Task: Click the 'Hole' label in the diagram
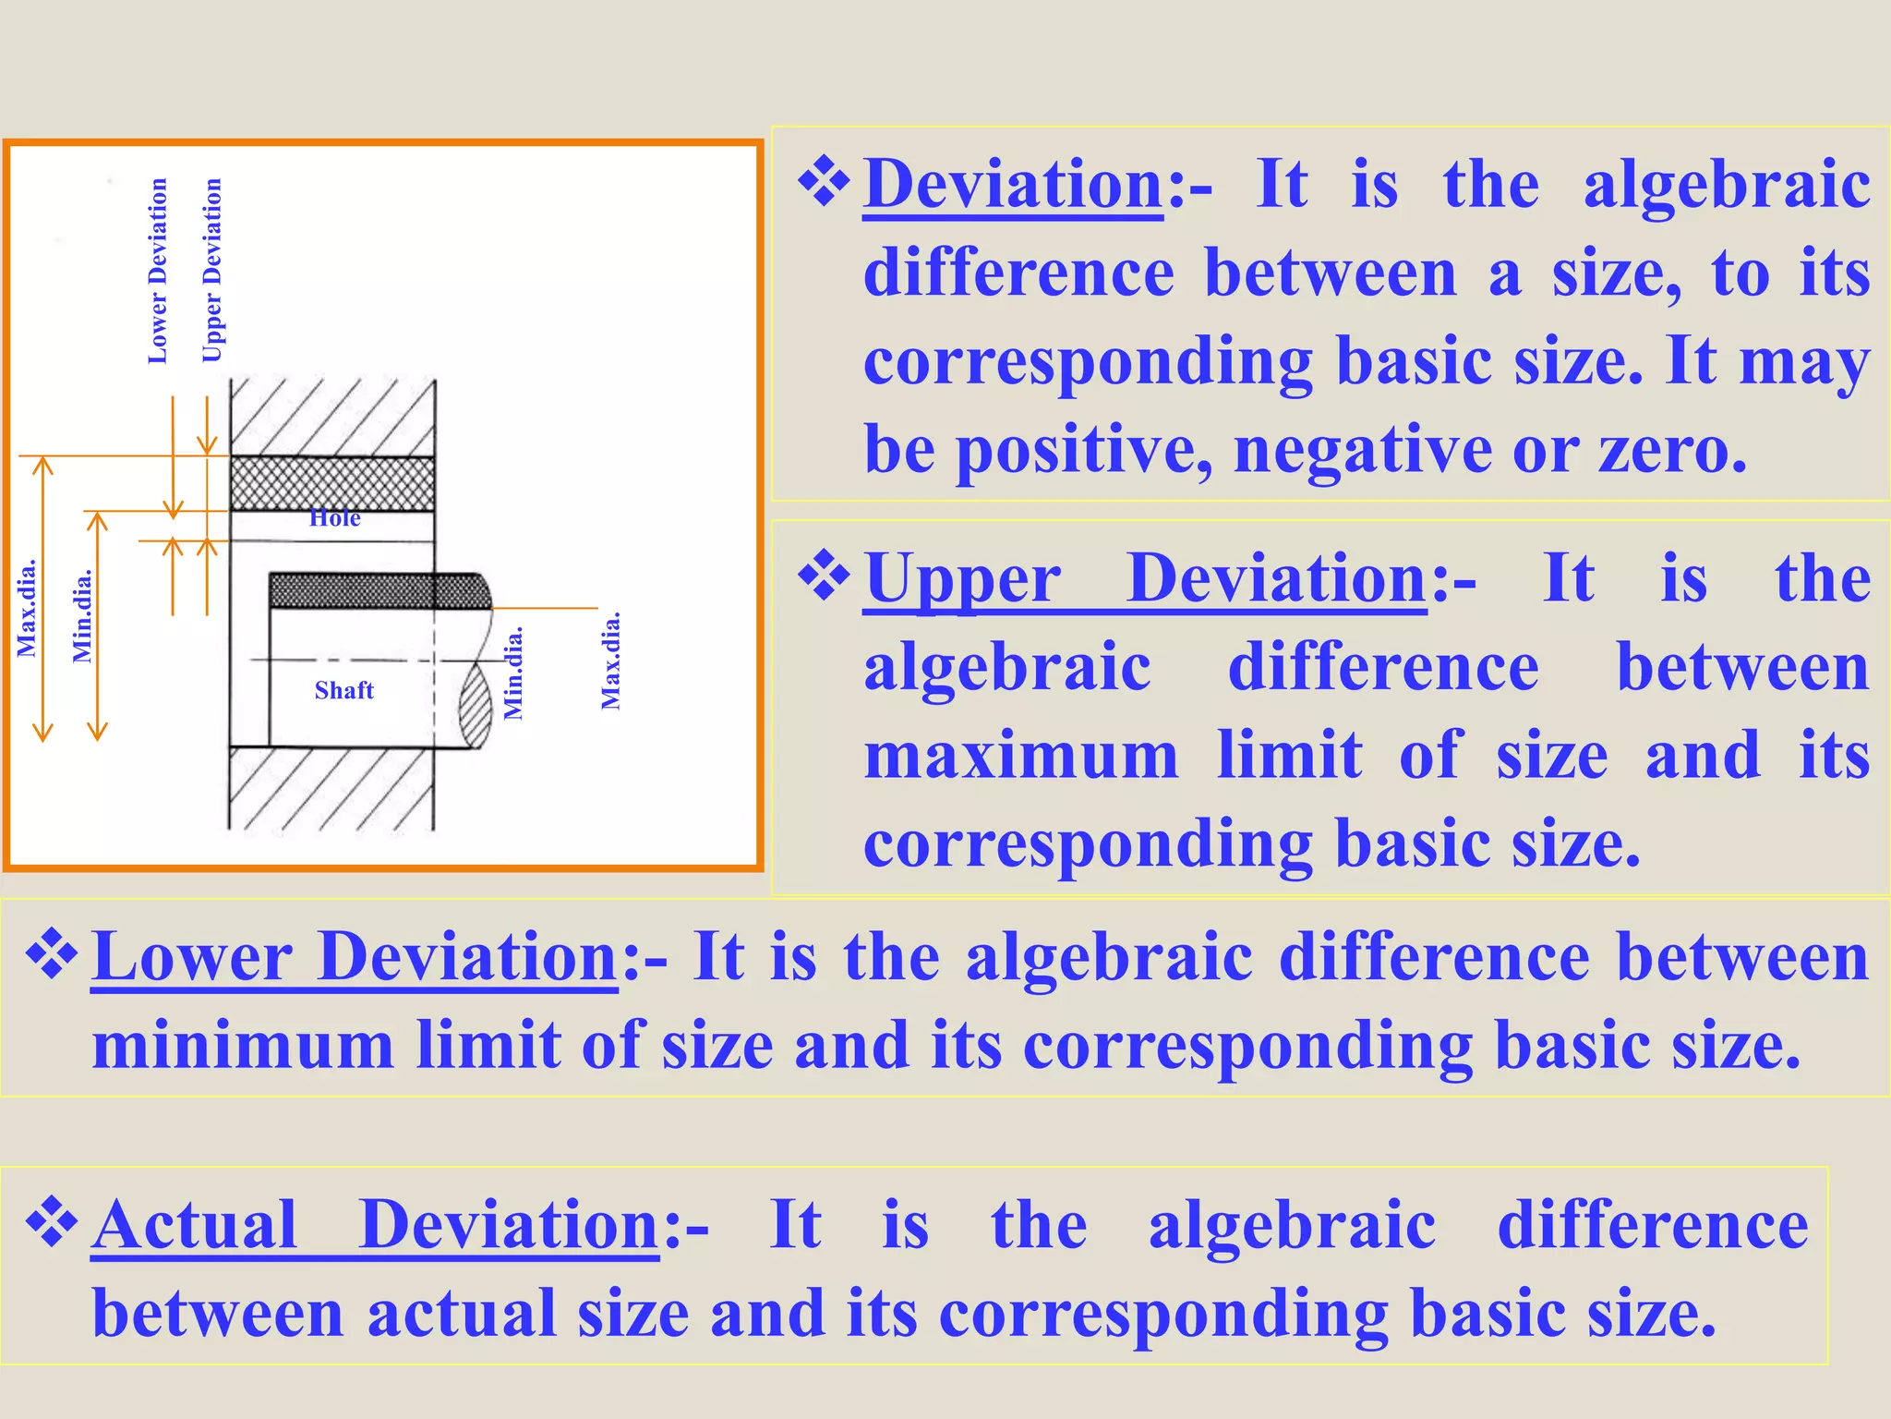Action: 334,518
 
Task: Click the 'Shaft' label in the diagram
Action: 343,690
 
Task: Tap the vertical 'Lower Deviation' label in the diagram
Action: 158,271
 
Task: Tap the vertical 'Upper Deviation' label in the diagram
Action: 212,271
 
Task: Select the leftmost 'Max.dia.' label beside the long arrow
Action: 27,608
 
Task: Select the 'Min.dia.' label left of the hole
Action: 82,615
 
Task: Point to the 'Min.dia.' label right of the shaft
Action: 513,673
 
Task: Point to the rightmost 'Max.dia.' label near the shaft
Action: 610,660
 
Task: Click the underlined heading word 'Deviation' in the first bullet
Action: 1013,185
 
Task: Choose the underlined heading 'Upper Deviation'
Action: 1145,579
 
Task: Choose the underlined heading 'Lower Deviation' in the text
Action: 355,957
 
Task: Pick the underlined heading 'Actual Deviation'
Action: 375,1225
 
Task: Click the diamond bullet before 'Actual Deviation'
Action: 52,1221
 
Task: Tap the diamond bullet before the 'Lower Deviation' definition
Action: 52,953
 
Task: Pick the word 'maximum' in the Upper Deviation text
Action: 1021,756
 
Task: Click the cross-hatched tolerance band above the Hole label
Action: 332,483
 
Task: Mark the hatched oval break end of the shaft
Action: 476,706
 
